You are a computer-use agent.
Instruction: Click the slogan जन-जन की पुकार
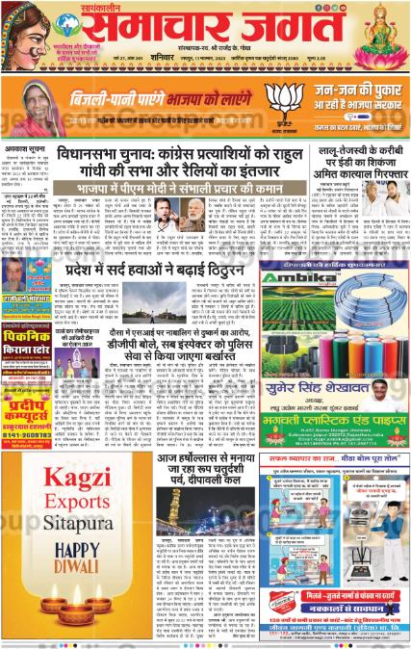click(x=351, y=92)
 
